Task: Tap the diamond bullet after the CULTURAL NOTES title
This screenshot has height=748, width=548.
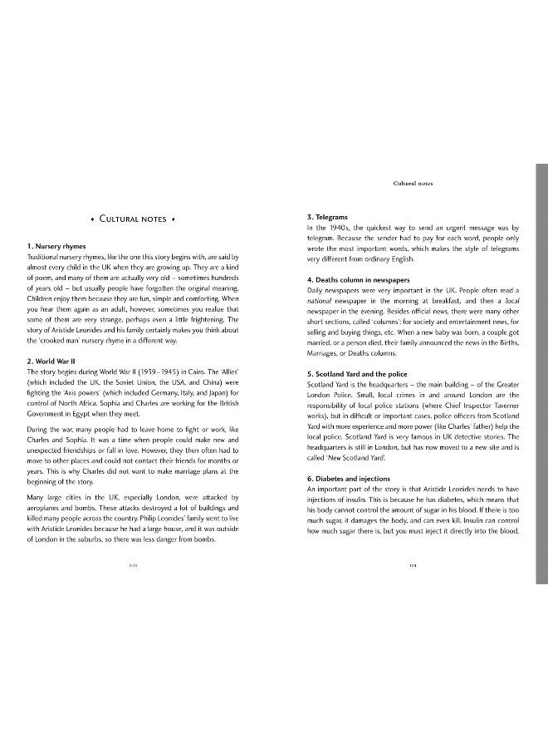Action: [174, 219]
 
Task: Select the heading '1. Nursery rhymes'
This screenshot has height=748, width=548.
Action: [56, 247]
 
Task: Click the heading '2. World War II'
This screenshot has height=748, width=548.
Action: [54, 361]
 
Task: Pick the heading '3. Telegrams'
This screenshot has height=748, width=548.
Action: [327, 218]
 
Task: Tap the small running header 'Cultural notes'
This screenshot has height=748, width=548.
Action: [413, 183]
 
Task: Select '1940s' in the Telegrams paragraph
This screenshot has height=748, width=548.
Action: [335, 228]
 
